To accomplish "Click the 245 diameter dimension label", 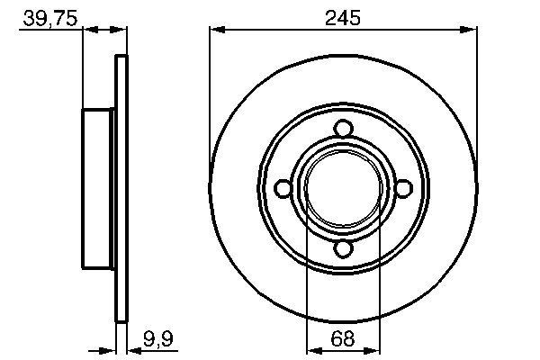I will (x=342, y=16).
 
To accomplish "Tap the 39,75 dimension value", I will (x=47, y=16).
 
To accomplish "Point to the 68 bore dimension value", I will (x=343, y=339).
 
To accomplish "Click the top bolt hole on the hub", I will (x=343, y=128).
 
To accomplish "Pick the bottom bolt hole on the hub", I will (x=343, y=249).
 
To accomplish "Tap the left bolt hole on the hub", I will (x=283, y=188).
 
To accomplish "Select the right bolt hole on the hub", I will (x=403, y=188).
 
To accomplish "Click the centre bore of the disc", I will (x=343, y=188).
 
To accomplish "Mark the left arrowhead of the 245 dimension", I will (x=216, y=31).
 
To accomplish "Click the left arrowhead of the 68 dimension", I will (x=313, y=351).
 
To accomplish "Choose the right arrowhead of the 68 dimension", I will (x=373, y=351).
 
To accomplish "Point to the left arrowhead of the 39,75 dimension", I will (x=89, y=31).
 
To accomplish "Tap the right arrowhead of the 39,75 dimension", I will (x=120, y=31).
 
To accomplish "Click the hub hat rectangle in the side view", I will (x=100, y=188).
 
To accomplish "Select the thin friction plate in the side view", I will (x=121, y=188).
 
